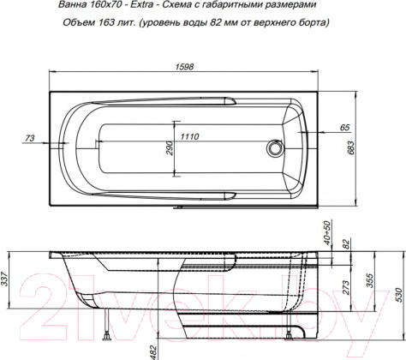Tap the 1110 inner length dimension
(x=190, y=137)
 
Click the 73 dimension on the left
(x=30, y=137)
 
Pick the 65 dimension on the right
(x=345, y=127)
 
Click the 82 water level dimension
(x=346, y=244)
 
